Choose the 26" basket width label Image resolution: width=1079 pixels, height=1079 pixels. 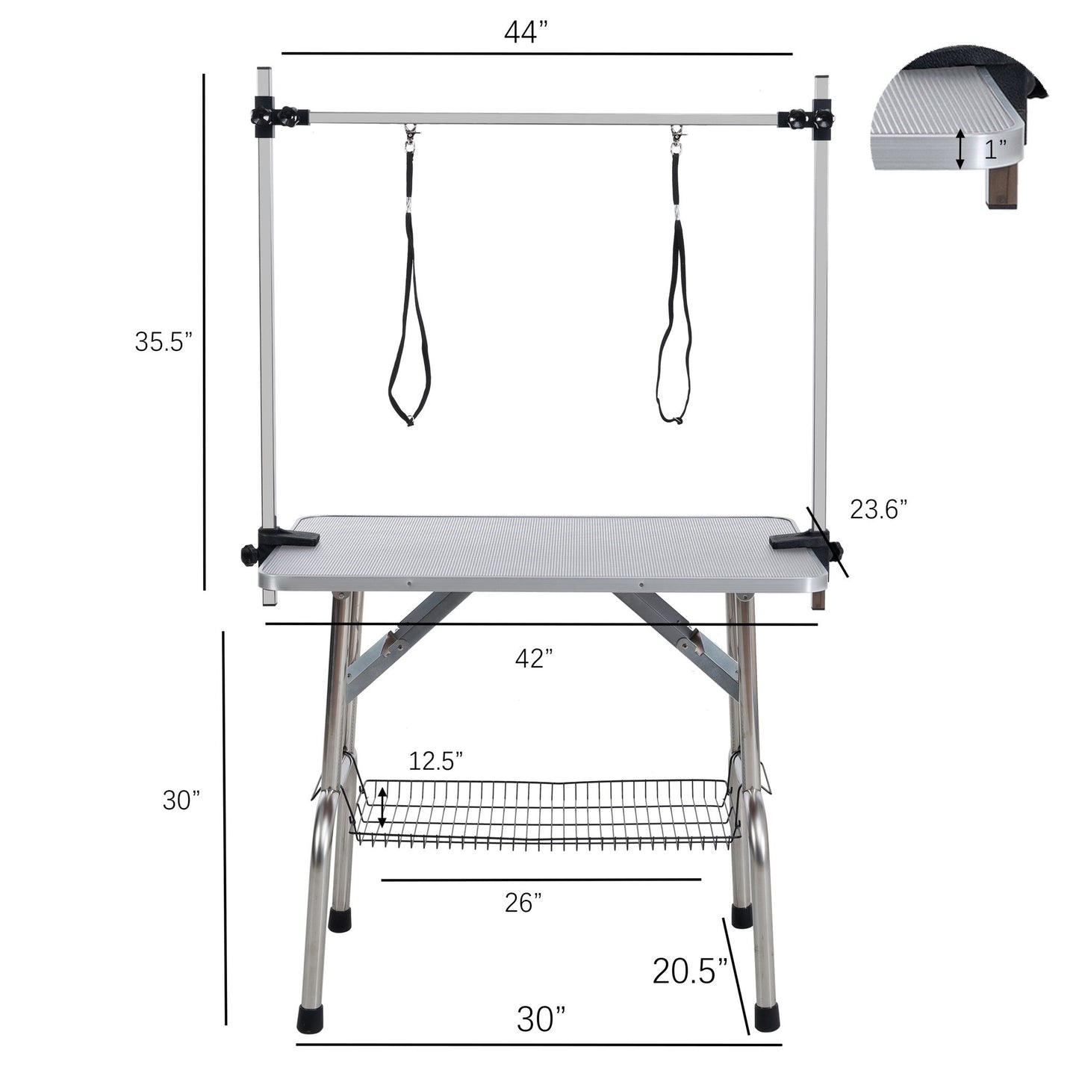pyautogui.click(x=523, y=903)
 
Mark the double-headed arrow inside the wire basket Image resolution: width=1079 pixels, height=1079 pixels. pyautogui.click(x=382, y=806)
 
